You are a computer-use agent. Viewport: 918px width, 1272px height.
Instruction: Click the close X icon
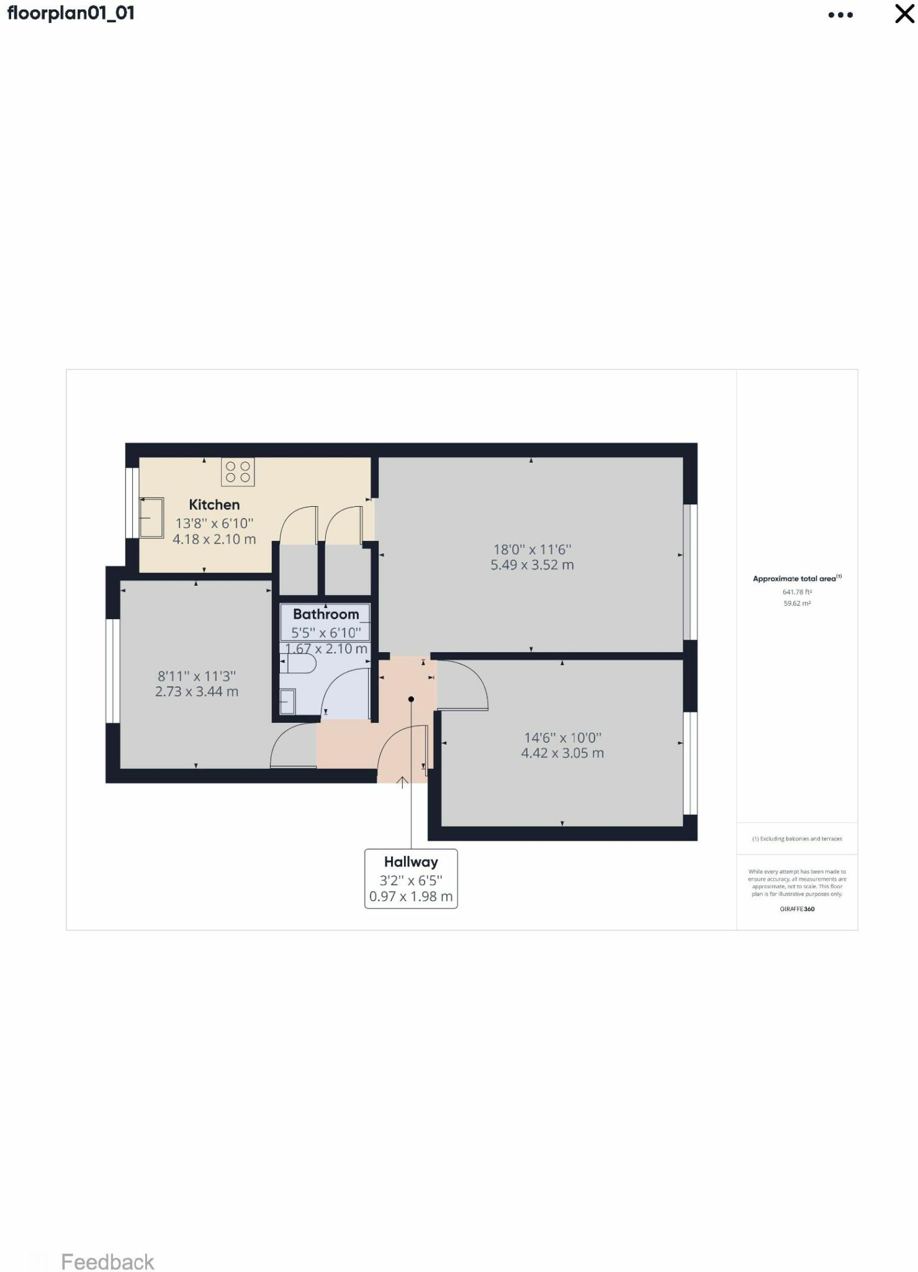coord(904,14)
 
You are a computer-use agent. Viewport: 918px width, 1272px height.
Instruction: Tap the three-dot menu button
coord(840,15)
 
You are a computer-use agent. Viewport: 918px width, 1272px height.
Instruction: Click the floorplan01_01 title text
coord(71,13)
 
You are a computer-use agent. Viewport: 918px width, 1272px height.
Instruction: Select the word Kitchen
coord(214,505)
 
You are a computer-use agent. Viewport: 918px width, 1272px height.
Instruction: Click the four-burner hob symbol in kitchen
coord(238,471)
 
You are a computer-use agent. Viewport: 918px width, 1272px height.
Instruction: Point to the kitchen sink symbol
coord(151,517)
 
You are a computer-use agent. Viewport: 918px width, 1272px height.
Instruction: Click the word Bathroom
coord(326,614)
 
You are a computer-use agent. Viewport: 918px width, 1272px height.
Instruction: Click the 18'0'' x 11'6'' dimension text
coord(532,549)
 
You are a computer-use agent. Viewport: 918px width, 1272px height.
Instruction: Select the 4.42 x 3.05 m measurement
coord(562,753)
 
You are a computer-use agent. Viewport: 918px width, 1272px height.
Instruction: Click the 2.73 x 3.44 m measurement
coord(196,691)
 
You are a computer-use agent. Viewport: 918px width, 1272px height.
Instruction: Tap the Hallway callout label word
coord(411,862)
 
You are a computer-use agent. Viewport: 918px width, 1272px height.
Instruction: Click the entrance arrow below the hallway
coord(402,782)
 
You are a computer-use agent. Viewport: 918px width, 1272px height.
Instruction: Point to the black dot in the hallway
coord(411,699)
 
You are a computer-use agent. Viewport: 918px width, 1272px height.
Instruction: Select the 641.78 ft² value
coord(797,592)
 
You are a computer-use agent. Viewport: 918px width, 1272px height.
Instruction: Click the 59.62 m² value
coord(797,603)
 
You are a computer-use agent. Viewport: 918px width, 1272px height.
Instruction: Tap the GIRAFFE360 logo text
coord(797,909)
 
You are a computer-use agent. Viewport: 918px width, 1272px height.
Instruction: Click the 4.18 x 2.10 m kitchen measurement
coord(214,539)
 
